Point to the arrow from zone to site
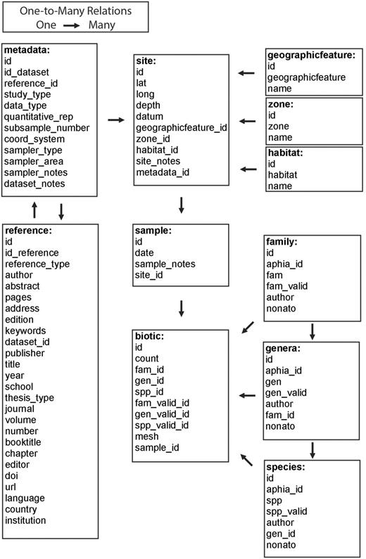[x=246, y=121]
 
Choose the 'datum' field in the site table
[x=150, y=117]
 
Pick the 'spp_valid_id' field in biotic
[x=162, y=426]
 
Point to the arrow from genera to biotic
[x=247, y=396]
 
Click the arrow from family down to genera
[x=312, y=330]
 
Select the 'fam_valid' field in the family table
[x=286, y=286]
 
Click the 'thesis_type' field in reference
[x=30, y=398]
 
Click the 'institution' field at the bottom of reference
[x=26, y=520]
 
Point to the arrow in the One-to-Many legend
[x=74, y=25]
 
